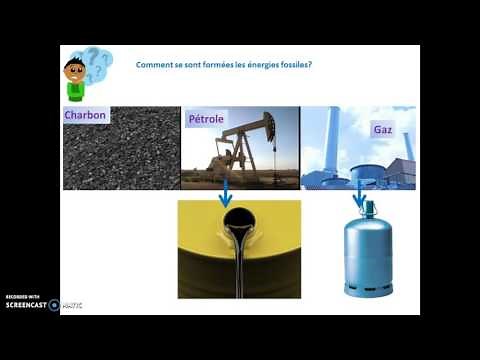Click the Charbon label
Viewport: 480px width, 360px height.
click(x=85, y=115)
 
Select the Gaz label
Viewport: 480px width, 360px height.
click(x=382, y=130)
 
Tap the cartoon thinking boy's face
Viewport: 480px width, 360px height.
click(x=75, y=70)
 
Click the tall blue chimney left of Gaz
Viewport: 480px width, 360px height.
click(x=342, y=140)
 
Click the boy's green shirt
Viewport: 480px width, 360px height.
click(x=76, y=93)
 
